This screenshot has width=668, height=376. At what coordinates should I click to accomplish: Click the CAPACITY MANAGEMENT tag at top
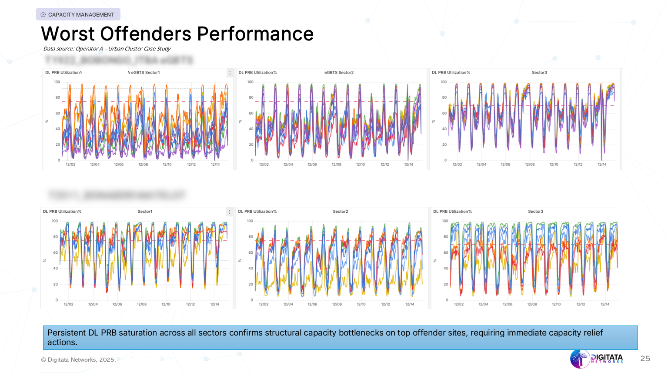click(x=78, y=14)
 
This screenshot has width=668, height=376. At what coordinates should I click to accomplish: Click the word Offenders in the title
click(x=146, y=34)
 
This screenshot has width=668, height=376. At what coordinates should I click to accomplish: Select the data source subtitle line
click(x=107, y=49)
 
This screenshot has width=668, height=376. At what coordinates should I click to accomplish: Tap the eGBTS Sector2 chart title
click(x=339, y=73)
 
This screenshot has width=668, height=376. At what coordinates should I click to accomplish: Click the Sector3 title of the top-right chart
click(x=539, y=73)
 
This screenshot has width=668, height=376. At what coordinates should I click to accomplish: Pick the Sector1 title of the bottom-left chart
click(x=145, y=211)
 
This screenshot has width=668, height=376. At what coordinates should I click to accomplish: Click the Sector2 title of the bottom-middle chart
click(x=340, y=211)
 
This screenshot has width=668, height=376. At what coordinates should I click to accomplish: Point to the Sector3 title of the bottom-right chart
click(x=535, y=211)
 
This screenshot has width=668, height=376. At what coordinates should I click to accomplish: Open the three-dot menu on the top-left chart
click(x=230, y=73)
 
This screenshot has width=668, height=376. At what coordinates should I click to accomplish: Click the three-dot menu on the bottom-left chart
click(x=229, y=212)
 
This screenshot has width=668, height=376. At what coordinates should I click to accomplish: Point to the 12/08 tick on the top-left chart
click(x=143, y=164)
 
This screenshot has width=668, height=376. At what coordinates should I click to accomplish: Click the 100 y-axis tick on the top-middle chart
click(x=250, y=82)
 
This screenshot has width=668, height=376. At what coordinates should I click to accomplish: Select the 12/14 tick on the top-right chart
click(x=602, y=164)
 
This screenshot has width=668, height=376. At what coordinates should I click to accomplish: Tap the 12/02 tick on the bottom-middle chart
click(x=264, y=304)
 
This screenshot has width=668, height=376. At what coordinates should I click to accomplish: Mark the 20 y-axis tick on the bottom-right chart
click(x=446, y=284)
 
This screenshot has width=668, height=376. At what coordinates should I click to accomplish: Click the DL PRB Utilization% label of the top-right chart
click(x=451, y=73)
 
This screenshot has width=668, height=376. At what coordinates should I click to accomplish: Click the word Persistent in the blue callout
click(x=67, y=333)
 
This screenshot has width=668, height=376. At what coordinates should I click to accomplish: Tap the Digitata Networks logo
click(x=597, y=359)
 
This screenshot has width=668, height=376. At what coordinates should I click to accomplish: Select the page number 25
click(x=645, y=359)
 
